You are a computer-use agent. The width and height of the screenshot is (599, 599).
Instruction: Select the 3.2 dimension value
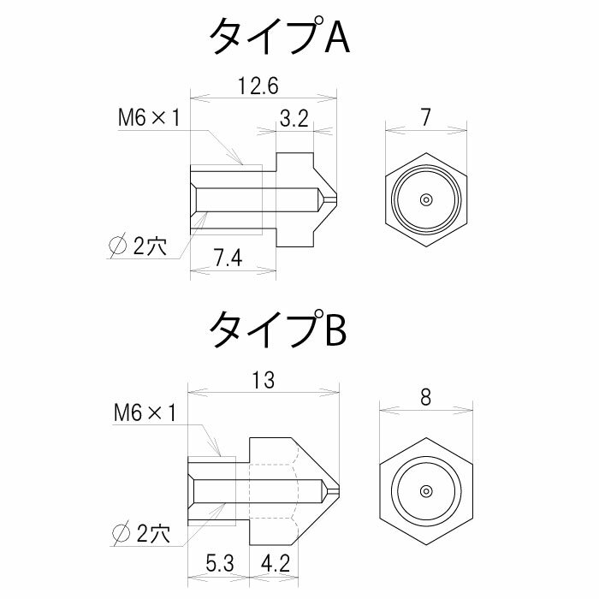[294, 120]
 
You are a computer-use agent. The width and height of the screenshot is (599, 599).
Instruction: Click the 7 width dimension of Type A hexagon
[426, 119]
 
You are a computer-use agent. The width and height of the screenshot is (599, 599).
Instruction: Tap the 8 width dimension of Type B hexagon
[426, 397]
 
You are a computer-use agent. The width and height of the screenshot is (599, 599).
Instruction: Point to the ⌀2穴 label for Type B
[141, 535]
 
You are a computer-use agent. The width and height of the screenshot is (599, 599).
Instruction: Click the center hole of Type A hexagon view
[425, 199]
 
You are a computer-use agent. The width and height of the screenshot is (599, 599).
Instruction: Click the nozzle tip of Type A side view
[335, 199]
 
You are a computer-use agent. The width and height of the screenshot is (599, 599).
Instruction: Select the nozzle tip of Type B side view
[337, 491]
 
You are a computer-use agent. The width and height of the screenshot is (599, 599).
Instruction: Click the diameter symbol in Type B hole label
[121, 535]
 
